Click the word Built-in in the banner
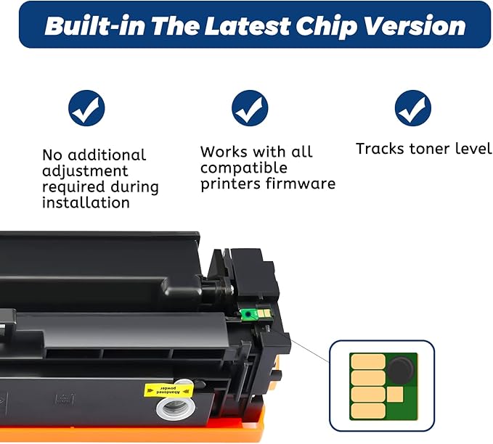pyautogui.click(x=94, y=26)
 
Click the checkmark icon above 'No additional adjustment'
pyautogui.click(x=86, y=110)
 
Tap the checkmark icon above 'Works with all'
pyautogui.click(x=250, y=110)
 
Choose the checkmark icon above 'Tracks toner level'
pyautogui.click(x=413, y=110)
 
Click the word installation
pyautogui.click(x=86, y=203)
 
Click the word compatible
pyautogui.click(x=243, y=168)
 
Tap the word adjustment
pyautogui.click(x=85, y=171)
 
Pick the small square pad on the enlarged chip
pyautogui.click(x=395, y=395)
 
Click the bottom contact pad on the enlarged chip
pyautogui.click(x=367, y=411)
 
